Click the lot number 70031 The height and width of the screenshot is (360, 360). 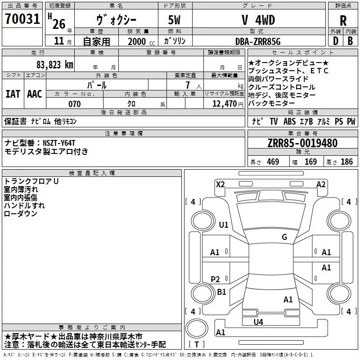pyautogui.click(x=22, y=19)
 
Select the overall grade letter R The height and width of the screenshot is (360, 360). pyautogui.click(x=343, y=21)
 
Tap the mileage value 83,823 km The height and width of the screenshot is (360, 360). pyautogui.click(x=55, y=65)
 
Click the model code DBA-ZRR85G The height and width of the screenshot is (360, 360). pyautogui.click(x=258, y=41)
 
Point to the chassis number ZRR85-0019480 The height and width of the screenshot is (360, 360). pyautogui.click(x=302, y=143)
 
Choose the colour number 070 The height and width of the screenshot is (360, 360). pyautogui.click(x=75, y=104)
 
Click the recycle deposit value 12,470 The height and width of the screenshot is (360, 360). pyautogui.click(x=224, y=103)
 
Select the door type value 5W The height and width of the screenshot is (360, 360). pyautogui.click(x=174, y=20)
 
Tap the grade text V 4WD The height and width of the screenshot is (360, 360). pyautogui.click(x=258, y=20)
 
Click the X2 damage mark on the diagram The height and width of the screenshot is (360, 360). pyautogui.click(x=220, y=184)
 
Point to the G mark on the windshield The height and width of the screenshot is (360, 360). pyautogui.click(x=284, y=237)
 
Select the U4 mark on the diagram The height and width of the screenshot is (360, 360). pyautogui.click(x=258, y=322)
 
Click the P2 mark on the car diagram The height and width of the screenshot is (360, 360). pyautogui.click(x=215, y=279)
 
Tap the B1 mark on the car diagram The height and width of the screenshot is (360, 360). pyautogui.click(x=221, y=292)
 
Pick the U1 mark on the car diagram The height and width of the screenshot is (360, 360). pyautogui.click(x=224, y=225)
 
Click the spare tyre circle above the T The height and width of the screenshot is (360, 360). pyautogui.click(x=197, y=328)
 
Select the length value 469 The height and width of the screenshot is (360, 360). pyautogui.click(x=273, y=162)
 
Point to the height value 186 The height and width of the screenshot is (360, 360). pyautogui.click(x=346, y=162)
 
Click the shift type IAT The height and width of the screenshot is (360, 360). pyautogui.click(x=13, y=94)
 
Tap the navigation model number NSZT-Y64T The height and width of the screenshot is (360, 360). pyautogui.click(x=59, y=143)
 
